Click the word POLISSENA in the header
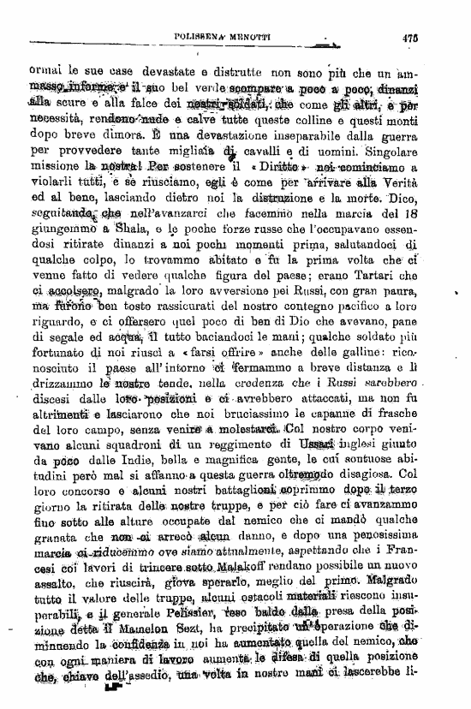click(200, 37)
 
